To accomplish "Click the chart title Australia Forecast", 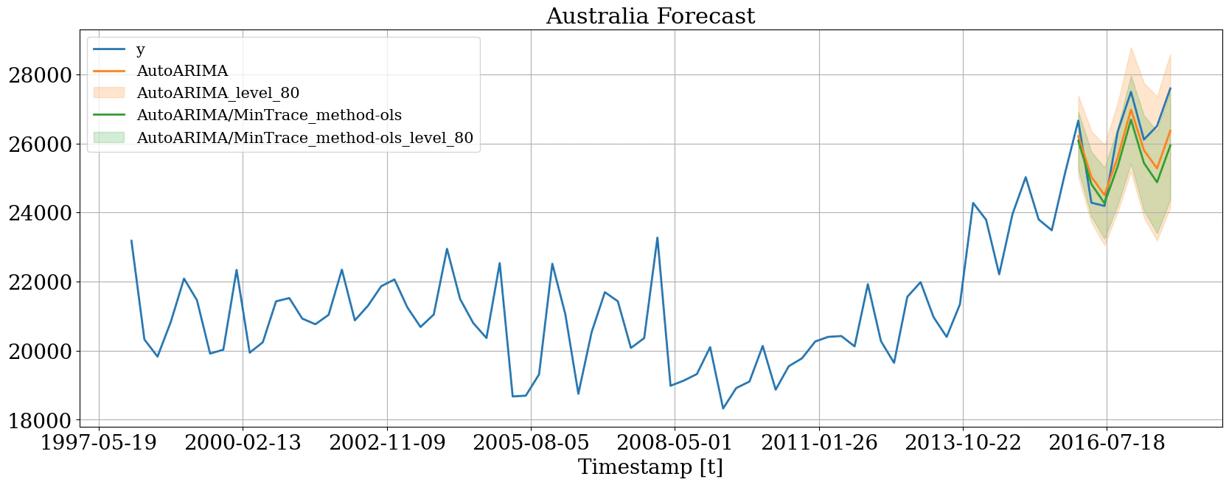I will click(x=650, y=16).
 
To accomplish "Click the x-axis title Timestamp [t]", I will click(x=650, y=467).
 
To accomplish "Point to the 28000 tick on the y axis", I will click(x=40, y=75).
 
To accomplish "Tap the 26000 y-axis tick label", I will click(x=40, y=144).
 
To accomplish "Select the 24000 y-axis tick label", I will click(x=40, y=213).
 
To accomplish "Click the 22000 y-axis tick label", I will click(x=40, y=282).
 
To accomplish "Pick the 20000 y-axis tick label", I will click(x=40, y=352).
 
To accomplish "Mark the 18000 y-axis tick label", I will click(x=40, y=420).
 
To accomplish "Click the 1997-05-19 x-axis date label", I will click(x=99, y=443).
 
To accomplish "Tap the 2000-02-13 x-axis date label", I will click(x=243, y=443).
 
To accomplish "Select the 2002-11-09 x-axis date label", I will click(x=387, y=443).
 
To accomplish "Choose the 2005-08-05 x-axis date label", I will click(x=531, y=443).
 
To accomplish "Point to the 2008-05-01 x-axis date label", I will click(x=675, y=443).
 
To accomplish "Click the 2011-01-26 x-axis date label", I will click(x=819, y=443).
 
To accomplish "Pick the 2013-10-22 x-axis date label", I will click(x=963, y=443).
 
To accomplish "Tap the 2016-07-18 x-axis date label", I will click(x=1107, y=443).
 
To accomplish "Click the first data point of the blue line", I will click(x=131, y=240).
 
